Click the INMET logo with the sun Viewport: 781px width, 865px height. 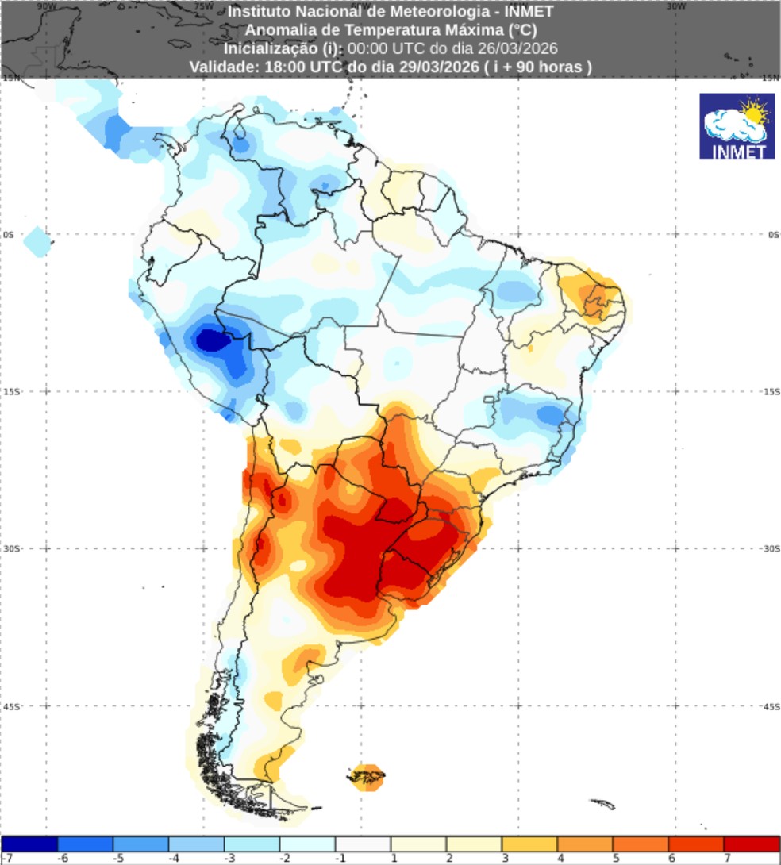737,125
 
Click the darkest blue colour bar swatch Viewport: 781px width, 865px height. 29,844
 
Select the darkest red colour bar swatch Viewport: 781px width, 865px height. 752,844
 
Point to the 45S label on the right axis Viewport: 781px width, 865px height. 770,706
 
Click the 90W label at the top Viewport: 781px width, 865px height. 47,6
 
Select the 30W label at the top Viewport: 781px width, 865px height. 675,6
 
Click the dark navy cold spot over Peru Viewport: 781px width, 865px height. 212,340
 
